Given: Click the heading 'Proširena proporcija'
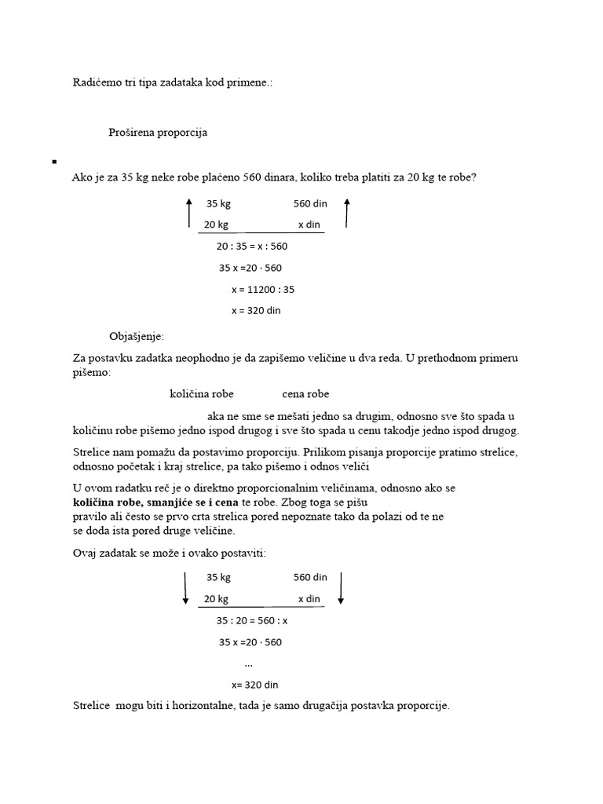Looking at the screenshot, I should tap(158, 133).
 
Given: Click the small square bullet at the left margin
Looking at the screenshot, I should tap(54, 162).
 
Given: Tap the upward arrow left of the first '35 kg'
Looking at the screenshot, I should tap(188, 213).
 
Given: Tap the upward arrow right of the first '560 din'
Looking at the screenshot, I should tap(346, 213).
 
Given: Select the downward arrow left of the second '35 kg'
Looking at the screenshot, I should tap(185, 588).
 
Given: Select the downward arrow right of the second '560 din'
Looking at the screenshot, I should tap(342, 588).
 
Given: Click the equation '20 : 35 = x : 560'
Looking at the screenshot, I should tap(252, 246).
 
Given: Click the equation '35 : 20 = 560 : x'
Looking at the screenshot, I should tap(252, 620).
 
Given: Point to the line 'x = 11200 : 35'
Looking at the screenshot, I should tap(263, 289).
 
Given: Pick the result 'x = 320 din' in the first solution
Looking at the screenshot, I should tap(255, 310).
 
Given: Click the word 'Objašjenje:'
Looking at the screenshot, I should tap(137, 337).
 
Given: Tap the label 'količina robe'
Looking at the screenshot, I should tap(202, 394).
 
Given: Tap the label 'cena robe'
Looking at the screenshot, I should tap(305, 394).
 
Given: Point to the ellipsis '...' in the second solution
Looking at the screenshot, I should tap(249, 663).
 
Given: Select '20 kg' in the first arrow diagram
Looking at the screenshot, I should tap(216, 225).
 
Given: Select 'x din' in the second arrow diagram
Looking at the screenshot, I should tap(309, 599).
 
